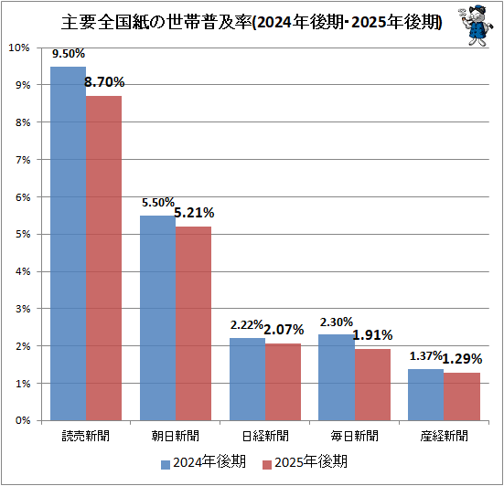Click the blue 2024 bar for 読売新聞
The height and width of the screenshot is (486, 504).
point(68,243)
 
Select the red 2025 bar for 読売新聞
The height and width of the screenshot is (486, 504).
point(104,259)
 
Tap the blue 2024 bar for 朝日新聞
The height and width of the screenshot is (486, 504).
point(158,318)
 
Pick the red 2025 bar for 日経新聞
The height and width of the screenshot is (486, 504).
point(284,382)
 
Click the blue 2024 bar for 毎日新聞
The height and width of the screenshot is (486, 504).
point(337,377)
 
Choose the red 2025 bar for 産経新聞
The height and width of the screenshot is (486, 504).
point(462,396)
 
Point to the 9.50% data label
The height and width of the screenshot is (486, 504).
point(69,54)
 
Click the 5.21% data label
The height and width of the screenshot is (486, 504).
point(194,213)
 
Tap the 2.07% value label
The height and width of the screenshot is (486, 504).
point(284,330)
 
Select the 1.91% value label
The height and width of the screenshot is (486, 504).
point(373,335)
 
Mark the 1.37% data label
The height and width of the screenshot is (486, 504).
point(426,355)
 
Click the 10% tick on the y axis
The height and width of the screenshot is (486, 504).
point(19,48)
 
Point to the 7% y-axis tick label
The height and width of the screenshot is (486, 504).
point(23,160)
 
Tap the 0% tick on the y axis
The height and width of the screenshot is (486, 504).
point(23,420)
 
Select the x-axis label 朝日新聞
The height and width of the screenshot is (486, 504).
point(176,436)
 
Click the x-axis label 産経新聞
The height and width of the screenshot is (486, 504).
point(444,436)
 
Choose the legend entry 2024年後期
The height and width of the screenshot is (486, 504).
point(203,462)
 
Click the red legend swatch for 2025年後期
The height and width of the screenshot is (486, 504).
point(267,465)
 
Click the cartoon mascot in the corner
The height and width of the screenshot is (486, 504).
point(476,26)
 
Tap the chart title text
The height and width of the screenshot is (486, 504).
point(252,22)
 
